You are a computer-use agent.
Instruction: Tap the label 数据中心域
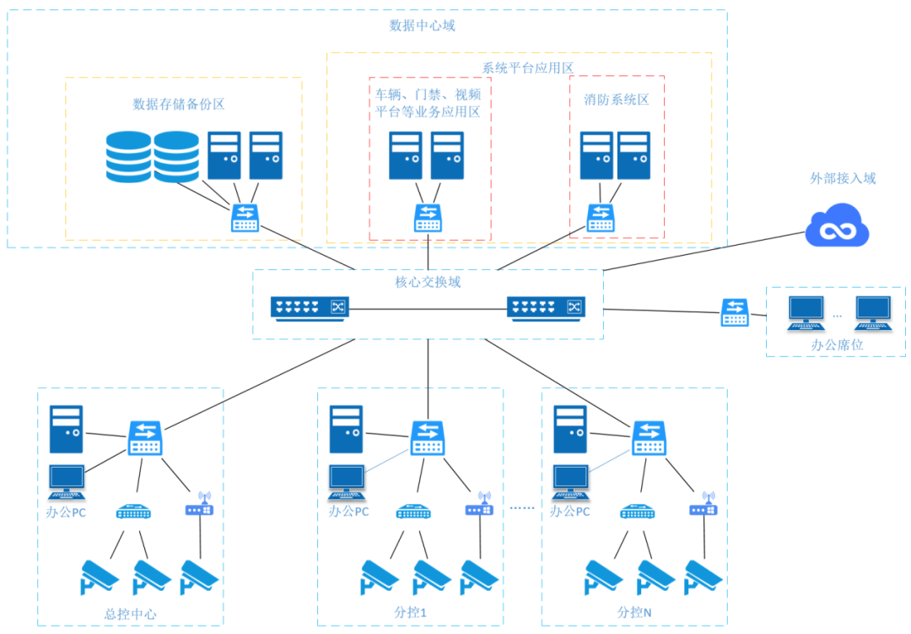click(422, 25)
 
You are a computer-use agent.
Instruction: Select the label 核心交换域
click(428, 282)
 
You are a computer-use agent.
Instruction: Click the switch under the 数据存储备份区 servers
click(245, 219)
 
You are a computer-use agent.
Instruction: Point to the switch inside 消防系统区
click(600, 218)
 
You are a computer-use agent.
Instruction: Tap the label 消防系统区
click(617, 100)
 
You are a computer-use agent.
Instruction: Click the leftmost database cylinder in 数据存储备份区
click(129, 157)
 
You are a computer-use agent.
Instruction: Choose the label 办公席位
click(837, 345)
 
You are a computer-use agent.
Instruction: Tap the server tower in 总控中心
click(66, 430)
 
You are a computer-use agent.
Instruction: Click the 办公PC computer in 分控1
click(347, 482)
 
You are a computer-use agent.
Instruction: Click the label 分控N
click(633, 612)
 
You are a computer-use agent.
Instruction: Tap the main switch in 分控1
click(428, 437)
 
